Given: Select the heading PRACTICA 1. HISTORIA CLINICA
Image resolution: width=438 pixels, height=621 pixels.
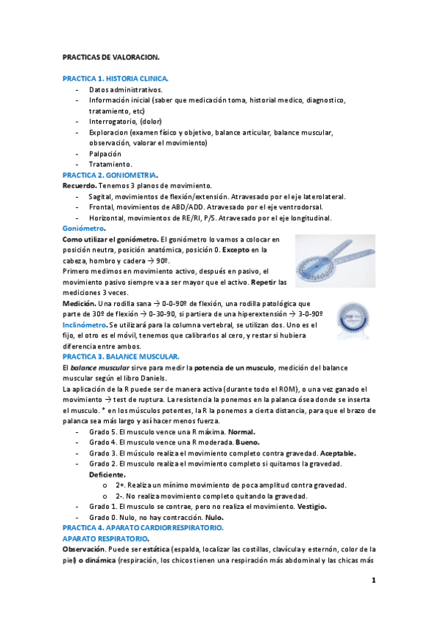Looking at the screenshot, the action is pos(116,78).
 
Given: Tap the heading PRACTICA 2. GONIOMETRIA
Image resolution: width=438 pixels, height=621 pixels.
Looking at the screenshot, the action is pos(110,176).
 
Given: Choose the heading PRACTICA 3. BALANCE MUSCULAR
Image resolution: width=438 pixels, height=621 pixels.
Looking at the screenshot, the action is pos(121,355).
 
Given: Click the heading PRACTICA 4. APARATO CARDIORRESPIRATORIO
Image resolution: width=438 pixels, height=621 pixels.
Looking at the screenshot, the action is pos(143,527).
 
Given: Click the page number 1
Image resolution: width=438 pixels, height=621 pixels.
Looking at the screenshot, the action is pos(373,581).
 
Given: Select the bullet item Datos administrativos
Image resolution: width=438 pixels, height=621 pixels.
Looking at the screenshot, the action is pos(125,89).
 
